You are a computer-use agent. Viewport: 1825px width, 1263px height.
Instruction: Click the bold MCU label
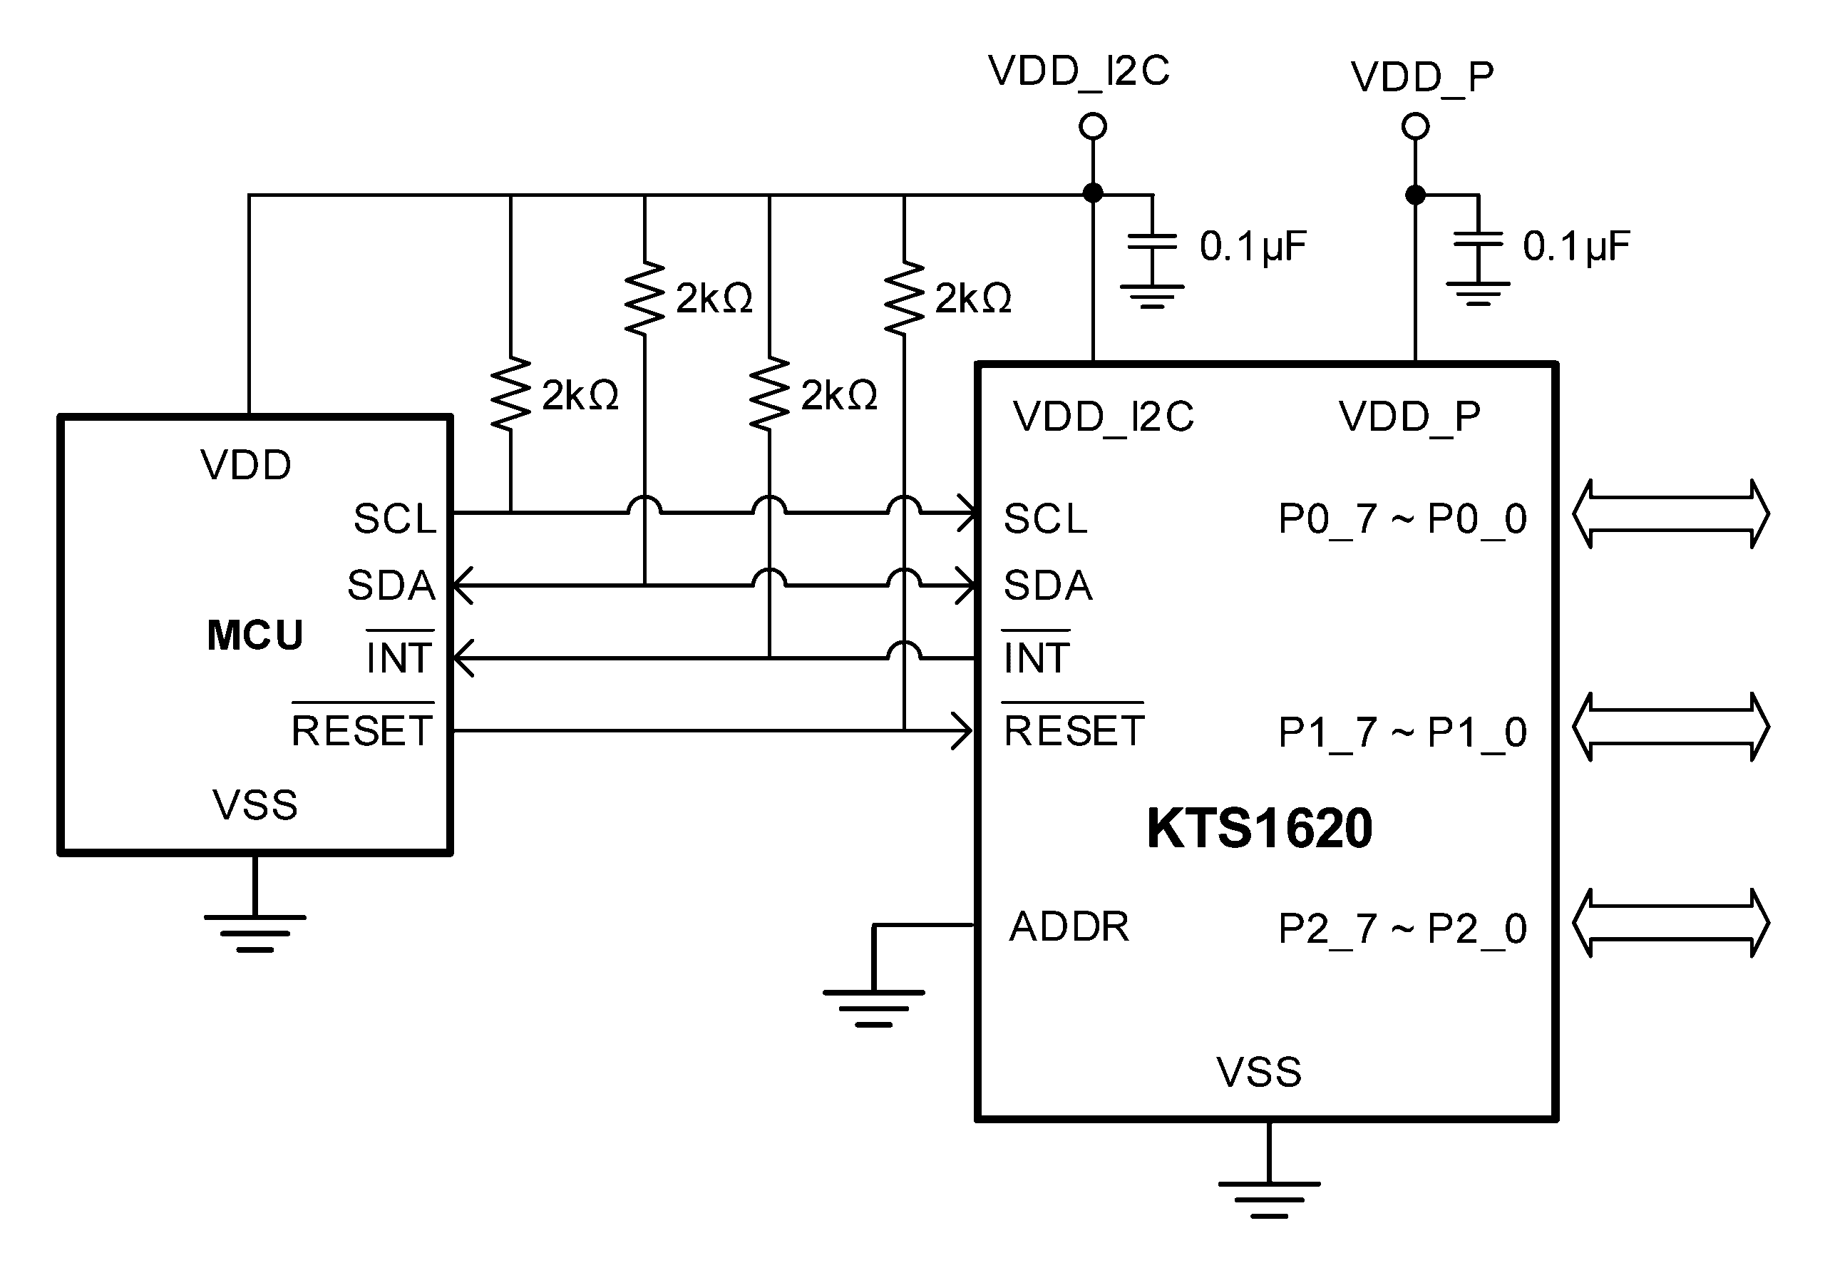[x=255, y=635]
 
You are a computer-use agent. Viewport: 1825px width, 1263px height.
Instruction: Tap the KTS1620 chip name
[x=1260, y=829]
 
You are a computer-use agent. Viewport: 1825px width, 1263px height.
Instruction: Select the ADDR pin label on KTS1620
[x=1069, y=926]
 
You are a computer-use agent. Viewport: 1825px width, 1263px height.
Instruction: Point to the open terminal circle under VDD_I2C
[x=1092, y=126]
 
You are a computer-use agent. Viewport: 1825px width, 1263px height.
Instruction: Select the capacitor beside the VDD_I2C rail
[x=1152, y=241]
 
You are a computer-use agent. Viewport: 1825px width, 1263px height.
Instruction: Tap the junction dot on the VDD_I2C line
[x=1092, y=193]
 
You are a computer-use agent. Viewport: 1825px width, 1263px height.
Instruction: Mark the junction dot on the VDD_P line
[x=1415, y=194]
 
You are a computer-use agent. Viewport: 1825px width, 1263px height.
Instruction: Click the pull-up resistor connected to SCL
[x=511, y=393]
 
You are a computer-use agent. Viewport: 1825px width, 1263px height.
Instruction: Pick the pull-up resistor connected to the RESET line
[x=904, y=297]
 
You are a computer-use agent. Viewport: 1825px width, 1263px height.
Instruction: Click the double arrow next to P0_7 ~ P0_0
[x=1670, y=513]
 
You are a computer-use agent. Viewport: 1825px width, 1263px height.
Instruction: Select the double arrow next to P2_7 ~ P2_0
[x=1670, y=924]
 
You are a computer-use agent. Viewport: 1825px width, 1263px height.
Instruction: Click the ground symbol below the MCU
[x=255, y=933]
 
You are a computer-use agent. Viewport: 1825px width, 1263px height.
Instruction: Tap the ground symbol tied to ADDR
[x=873, y=1008]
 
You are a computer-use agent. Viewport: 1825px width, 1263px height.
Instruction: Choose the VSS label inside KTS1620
[x=1258, y=1073]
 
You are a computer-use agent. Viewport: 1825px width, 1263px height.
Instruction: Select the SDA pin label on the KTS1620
[x=1048, y=586]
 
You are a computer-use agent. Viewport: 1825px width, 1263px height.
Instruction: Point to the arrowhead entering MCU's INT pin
[x=463, y=658]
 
